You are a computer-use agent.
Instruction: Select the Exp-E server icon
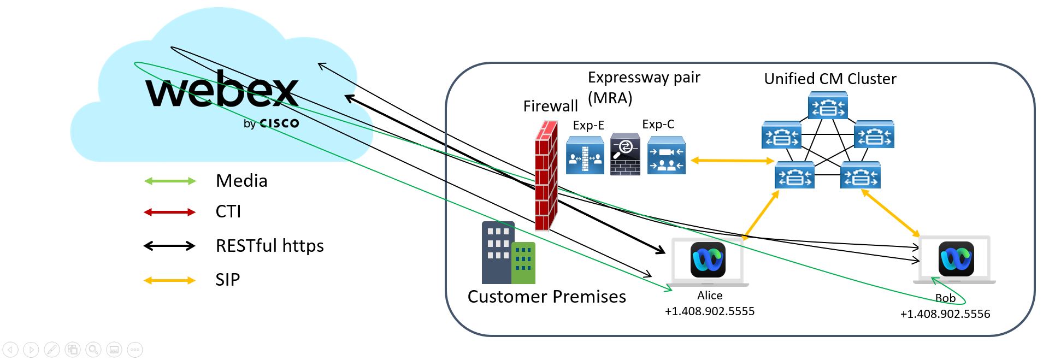(585, 155)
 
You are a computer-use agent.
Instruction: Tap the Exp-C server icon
(666, 155)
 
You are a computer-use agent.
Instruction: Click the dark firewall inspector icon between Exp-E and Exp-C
(625, 154)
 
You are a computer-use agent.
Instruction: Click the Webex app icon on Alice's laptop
(708, 260)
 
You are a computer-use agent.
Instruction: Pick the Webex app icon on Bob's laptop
(956, 259)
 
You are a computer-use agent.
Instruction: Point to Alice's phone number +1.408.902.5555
(710, 311)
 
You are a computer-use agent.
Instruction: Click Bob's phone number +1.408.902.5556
(945, 314)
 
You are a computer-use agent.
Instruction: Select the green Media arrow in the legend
(169, 181)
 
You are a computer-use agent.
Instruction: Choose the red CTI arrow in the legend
(169, 212)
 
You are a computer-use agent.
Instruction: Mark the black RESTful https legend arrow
(169, 246)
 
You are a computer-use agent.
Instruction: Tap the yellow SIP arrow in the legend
(169, 280)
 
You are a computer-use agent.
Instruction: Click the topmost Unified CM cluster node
(828, 106)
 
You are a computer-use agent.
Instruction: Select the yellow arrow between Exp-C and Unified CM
(732, 161)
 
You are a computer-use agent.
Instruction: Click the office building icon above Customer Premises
(508, 252)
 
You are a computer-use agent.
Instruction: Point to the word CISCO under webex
(279, 123)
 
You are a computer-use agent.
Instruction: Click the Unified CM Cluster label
(830, 79)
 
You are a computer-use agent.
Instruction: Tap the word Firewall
(550, 106)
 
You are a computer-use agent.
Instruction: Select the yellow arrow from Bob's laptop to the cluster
(890, 213)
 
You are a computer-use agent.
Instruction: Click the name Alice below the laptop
(710, 296)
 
